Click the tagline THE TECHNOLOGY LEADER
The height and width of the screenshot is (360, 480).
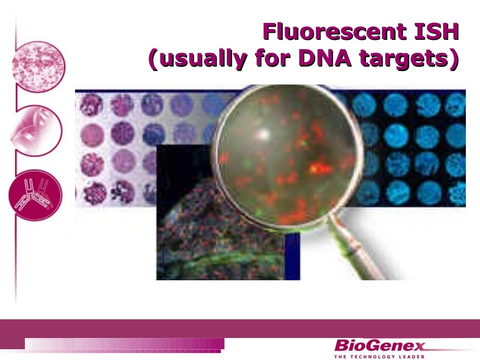[x=379, y=357]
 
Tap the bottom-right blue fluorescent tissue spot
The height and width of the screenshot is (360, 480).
[x=455, y=193]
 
